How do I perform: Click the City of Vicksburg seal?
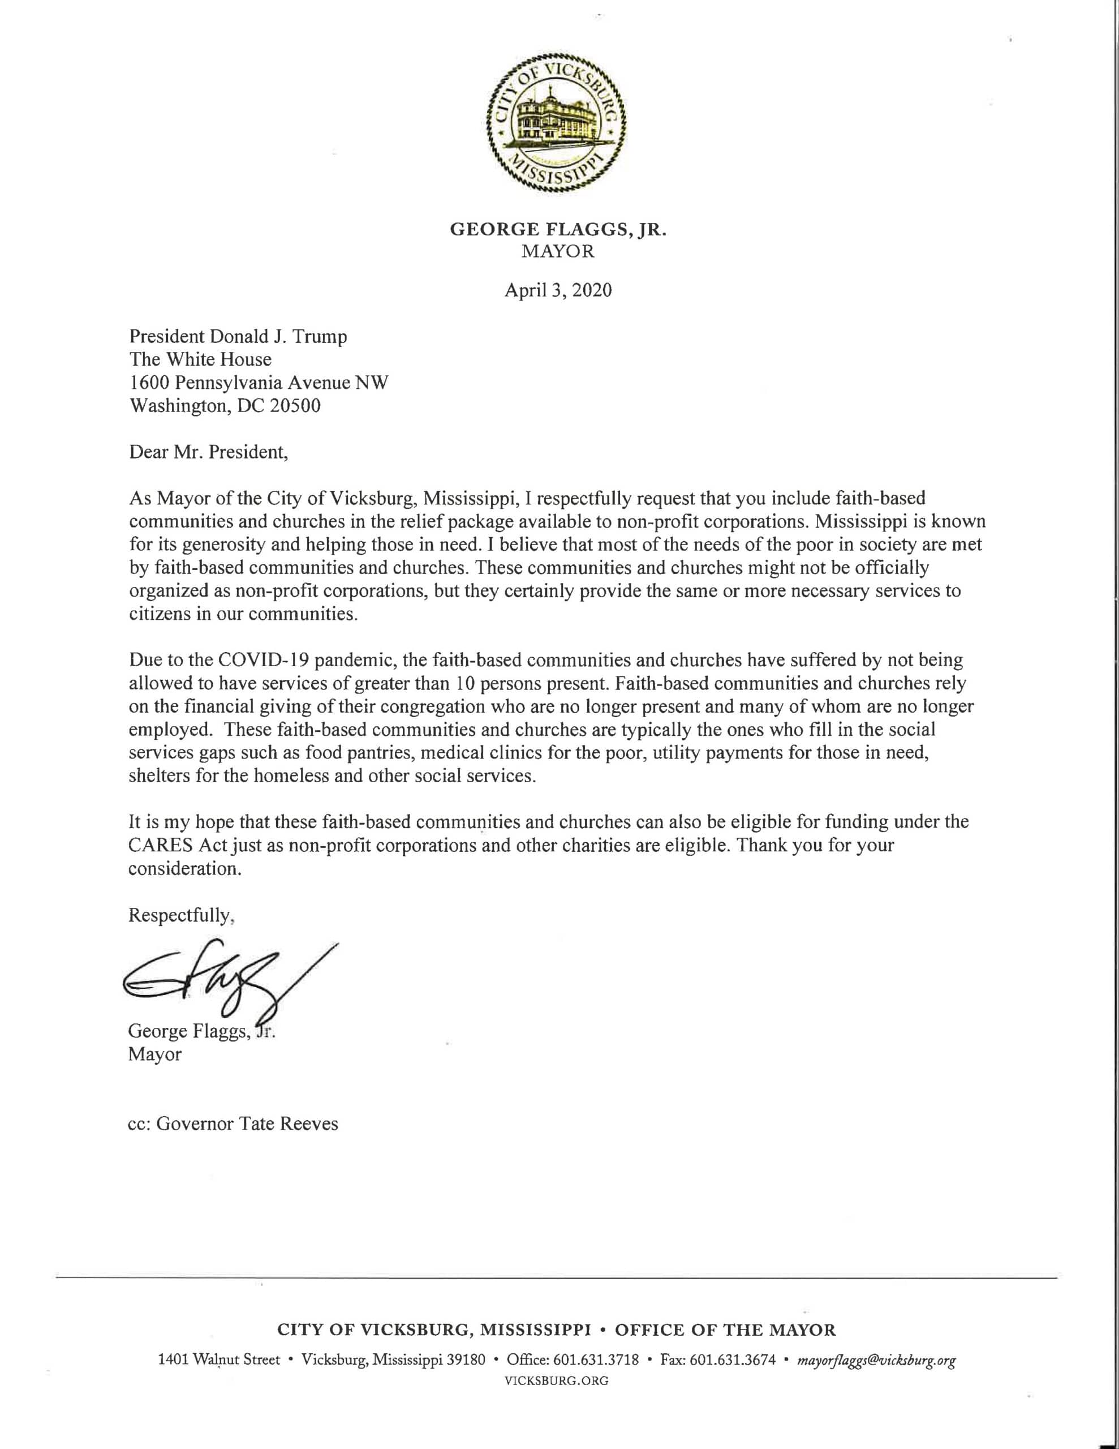coord(558,122)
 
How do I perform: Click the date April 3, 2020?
coord(558,290)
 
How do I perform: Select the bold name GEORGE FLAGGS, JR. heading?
coord(558,230)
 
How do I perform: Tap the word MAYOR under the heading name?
coord(558,252)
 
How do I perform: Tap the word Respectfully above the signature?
coord(180,916)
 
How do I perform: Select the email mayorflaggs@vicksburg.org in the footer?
coord(876,1361)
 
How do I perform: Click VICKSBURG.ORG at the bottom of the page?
coord(557,1381)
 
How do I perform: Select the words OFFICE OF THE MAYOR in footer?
coord(726,1330)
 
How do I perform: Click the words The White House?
coord(200,359)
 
